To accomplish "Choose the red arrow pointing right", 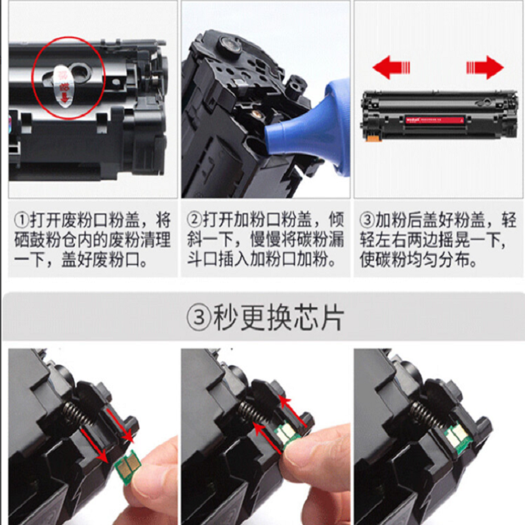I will [x=484, y=67].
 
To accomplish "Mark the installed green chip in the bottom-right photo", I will [x=453, y=435].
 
